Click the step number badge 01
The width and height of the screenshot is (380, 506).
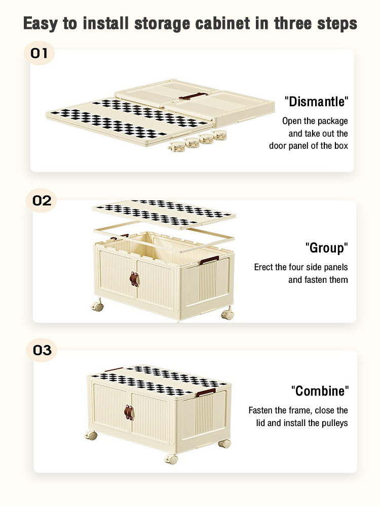pos(39,53)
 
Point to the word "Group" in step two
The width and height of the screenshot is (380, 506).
pos(327,248)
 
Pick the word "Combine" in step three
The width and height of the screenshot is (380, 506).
pos(320,391)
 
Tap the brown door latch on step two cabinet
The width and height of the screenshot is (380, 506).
pos(134,279)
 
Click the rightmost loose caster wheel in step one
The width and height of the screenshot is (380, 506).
pos(220,135)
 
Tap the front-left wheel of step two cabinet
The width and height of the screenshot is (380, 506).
pos(97,305)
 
